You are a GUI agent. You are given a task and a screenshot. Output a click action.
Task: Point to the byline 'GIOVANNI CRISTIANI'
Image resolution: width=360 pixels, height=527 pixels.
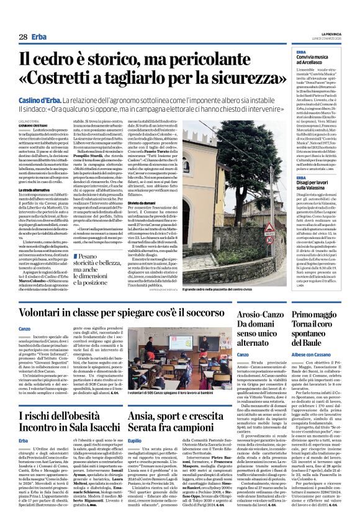(32, 124)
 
